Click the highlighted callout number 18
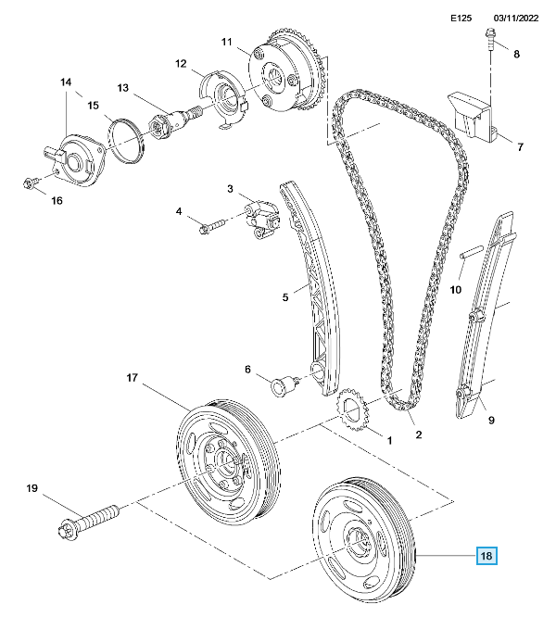(486, 556)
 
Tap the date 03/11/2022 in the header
(516, 19)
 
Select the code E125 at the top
(461, 19)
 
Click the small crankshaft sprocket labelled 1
(352, 409)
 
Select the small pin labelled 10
(472, 252)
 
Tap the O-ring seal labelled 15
(125, 141)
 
